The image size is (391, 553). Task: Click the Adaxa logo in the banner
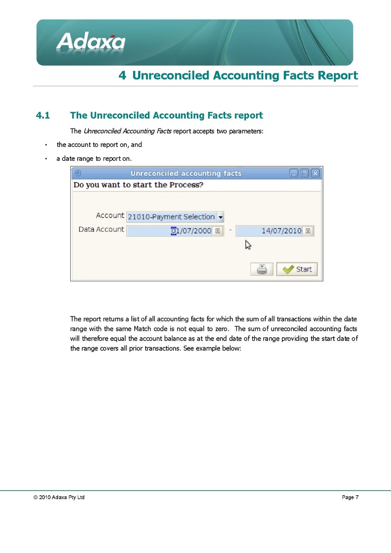coord(91,43)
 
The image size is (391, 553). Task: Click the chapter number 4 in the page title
coord(122,76)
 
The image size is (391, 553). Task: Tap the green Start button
coord(297,269)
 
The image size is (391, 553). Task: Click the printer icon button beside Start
coord(262,269)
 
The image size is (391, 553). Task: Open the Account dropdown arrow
coord(220,217)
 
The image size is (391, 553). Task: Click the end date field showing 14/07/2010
coord(269,231)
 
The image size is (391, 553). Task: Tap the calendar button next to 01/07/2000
coord(218,231)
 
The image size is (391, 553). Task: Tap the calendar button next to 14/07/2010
coord(308,231)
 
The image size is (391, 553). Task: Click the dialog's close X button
coord(315,174)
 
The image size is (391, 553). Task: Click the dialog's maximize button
coord(305,174)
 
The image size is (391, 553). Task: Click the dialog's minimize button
coord(294,174)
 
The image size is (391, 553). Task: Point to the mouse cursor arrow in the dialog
coord(248,244)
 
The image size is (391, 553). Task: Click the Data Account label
coord(101,230)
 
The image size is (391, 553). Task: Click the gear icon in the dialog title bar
coord(78,173)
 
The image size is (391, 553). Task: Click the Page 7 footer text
coord(350,498)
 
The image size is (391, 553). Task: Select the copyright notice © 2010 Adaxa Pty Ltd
coord(59,498)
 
